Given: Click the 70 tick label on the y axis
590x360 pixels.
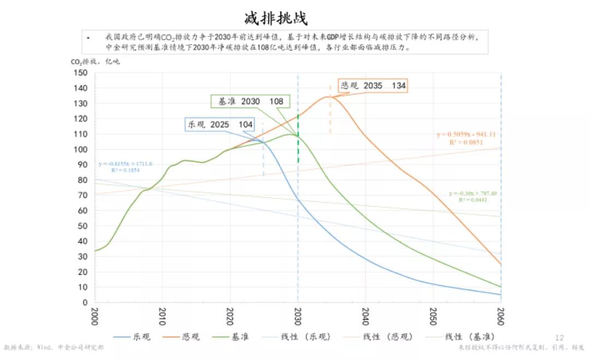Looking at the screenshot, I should click(x=82, y=195).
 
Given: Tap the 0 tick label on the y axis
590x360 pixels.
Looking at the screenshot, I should click(x=85, y=302).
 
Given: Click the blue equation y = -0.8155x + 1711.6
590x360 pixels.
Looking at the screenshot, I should click(x=125, y=164).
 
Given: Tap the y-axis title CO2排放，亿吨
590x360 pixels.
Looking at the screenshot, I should click(x=95, y=62).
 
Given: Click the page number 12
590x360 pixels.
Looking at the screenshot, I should click(x=559, y=337).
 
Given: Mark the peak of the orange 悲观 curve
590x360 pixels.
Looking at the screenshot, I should click(x=329, y=97).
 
